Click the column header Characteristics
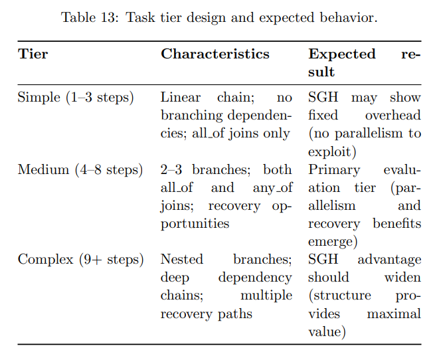[215, 54]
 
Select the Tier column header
[33, 54]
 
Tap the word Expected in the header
[341, 54]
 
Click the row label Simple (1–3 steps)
[76, 98]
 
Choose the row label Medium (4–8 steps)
[80, 170]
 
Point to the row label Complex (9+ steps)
[80, 260]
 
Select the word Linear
[181, 98]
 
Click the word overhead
[393, 116]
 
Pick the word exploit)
[332, 152]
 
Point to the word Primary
[334, 170]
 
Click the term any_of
[272, 188]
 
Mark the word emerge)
[333, 242]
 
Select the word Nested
[182, 259]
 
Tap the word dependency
[255, 278]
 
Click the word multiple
[266, 296]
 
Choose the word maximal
[394, 314]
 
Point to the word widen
[402, 278]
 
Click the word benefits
[397, 224]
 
